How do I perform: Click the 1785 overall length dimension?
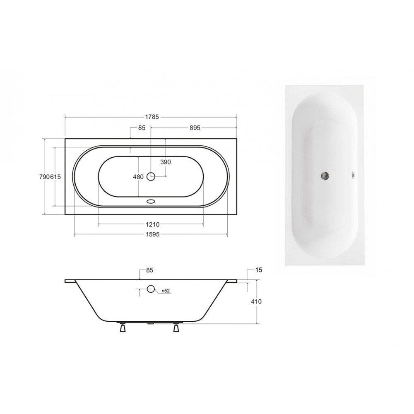tap(152, 117)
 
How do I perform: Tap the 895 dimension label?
tap(195, 128)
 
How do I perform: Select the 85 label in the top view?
tap(142, 128)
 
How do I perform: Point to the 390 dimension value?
tap(166, 162)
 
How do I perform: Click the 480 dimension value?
tap(138, 177)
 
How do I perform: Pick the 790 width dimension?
tap(44, 177)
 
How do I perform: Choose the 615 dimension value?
tap(55, 177)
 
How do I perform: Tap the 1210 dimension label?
tap(153, 224)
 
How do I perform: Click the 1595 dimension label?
tap(153, 234)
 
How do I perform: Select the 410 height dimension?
tap(256, 301)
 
